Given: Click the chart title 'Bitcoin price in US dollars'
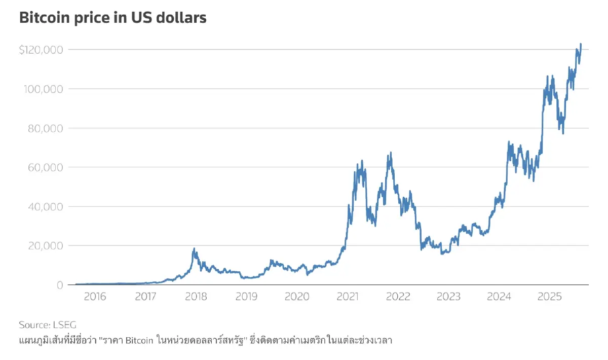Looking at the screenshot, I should tap(112, 18).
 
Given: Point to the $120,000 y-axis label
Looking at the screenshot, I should tap(41, 50).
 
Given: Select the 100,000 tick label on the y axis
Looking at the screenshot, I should tap(44, 89).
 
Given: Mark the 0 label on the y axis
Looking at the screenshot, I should tap(59, 285).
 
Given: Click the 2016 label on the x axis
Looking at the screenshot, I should tap(95, 297).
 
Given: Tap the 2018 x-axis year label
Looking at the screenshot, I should tap(196, 297).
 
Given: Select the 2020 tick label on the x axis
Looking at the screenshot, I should tap(297, 297).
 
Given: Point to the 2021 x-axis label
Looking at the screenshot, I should tap(348, 297).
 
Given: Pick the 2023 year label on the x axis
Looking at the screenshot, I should tap(448, 297).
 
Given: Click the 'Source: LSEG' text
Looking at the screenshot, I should tap(47, 325).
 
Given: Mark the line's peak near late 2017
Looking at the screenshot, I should tap(194, 249).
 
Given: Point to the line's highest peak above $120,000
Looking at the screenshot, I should tap(581, 44).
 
